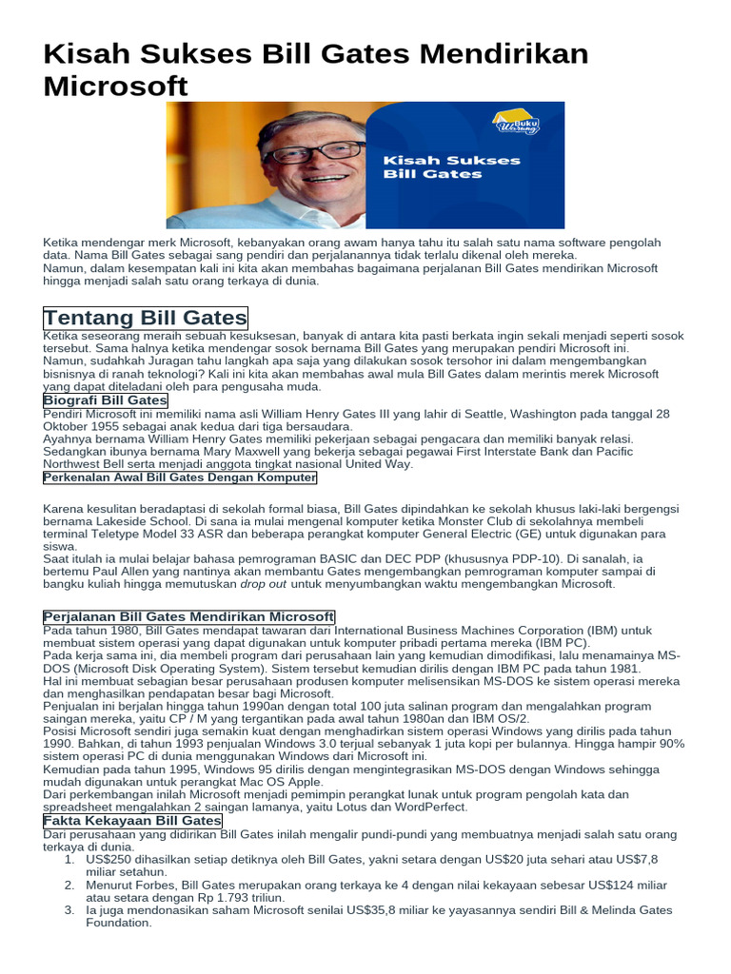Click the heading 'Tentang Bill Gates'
(x=145, y=318)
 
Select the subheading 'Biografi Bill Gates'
(x=106, y=400)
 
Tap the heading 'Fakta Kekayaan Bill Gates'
(x=133, y=821)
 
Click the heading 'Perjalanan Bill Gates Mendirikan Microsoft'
(x=189, y=617)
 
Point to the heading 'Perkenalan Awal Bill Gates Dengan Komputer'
(x=180, y=477)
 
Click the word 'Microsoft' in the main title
(x=115, y=86)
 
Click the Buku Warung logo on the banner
(x=517, y=123)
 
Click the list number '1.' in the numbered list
(x=69, y=859)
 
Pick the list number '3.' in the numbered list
(x=69, y=910)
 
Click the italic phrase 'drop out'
(x=264, y=584)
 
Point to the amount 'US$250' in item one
(x=109, y=859)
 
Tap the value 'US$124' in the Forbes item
(x=616, y=885)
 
